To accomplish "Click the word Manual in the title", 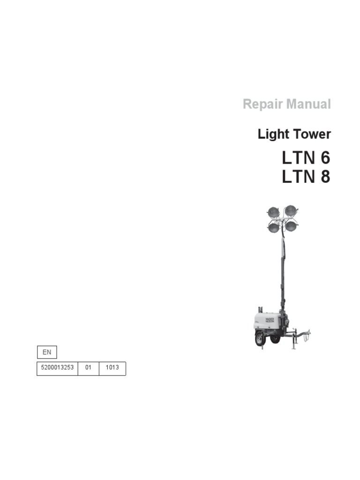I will pyautogui.click(x=309, y=104).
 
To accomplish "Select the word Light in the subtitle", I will pyautogui.click(x=273, y=134).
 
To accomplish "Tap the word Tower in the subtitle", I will pyautogui.click(x=312, y=134).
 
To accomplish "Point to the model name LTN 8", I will pyautogui.click(x=306, y=178).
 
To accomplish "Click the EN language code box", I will pyautogui.click(x=46, y=352).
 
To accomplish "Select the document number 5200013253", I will pyautogui.click(x=57, y=368).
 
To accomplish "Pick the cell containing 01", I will pyautogui.click(x=88, y=368).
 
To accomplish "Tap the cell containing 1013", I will pyautogui.click(x=112, y=368).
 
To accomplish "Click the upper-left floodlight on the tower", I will pyautogui.click(x=273, y=212).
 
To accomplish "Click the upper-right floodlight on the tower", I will pyautogui.click(x=291, y=209).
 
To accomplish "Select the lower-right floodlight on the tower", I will pyautogui.click(x=292, y=226).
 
